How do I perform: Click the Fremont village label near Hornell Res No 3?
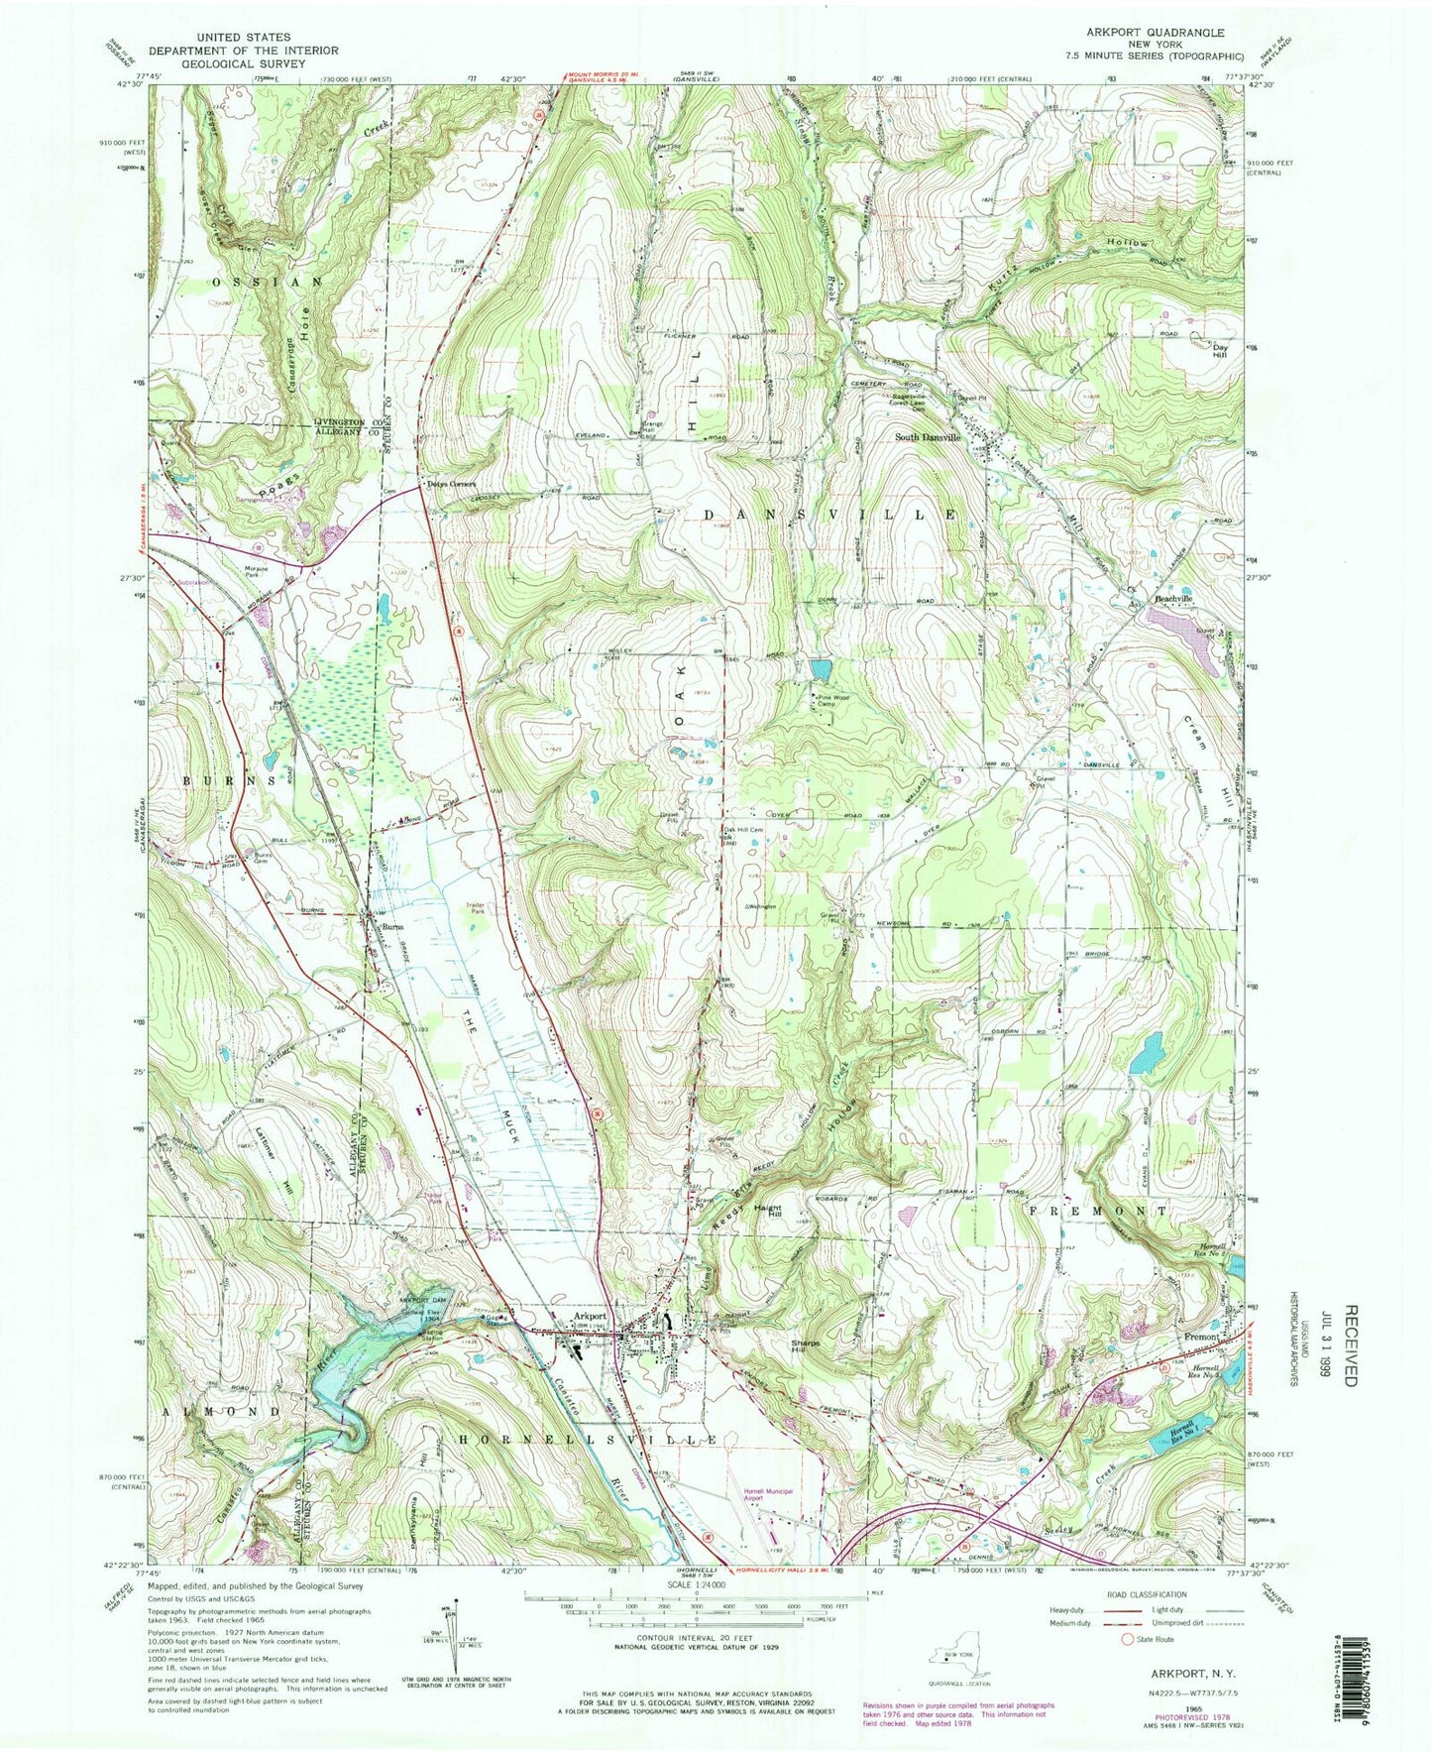(1202, 1338)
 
